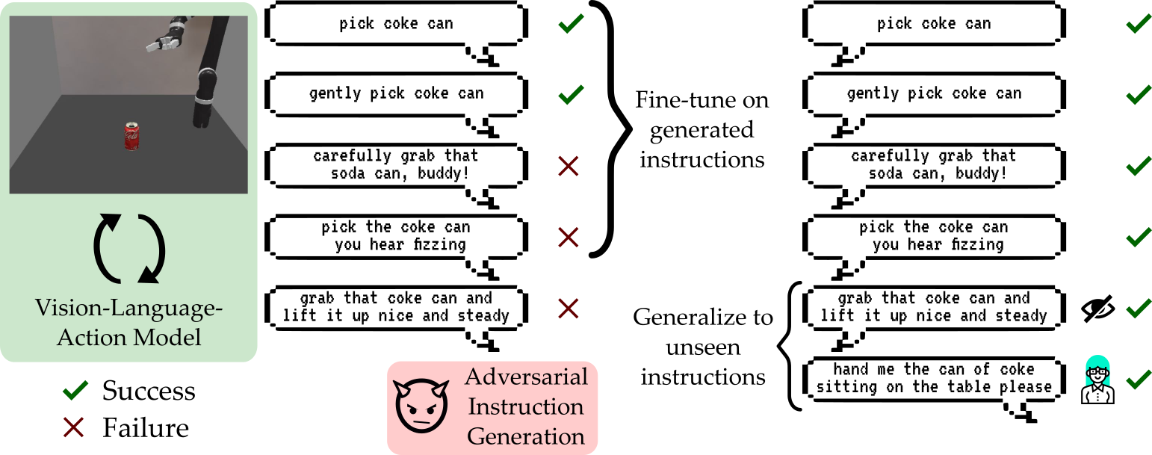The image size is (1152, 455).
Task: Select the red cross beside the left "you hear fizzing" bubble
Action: (569, 237)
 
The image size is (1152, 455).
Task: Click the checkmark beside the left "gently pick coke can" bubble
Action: (572, 95)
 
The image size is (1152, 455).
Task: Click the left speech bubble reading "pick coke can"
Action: (396, 24)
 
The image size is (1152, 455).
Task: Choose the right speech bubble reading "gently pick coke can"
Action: (934, 94)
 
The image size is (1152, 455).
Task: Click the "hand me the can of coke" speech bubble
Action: (934, 379)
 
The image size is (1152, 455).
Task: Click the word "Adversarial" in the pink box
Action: (527, 377)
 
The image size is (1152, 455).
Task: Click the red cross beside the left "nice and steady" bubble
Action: (569, 307)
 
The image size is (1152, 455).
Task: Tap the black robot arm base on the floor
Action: (202, 112)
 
